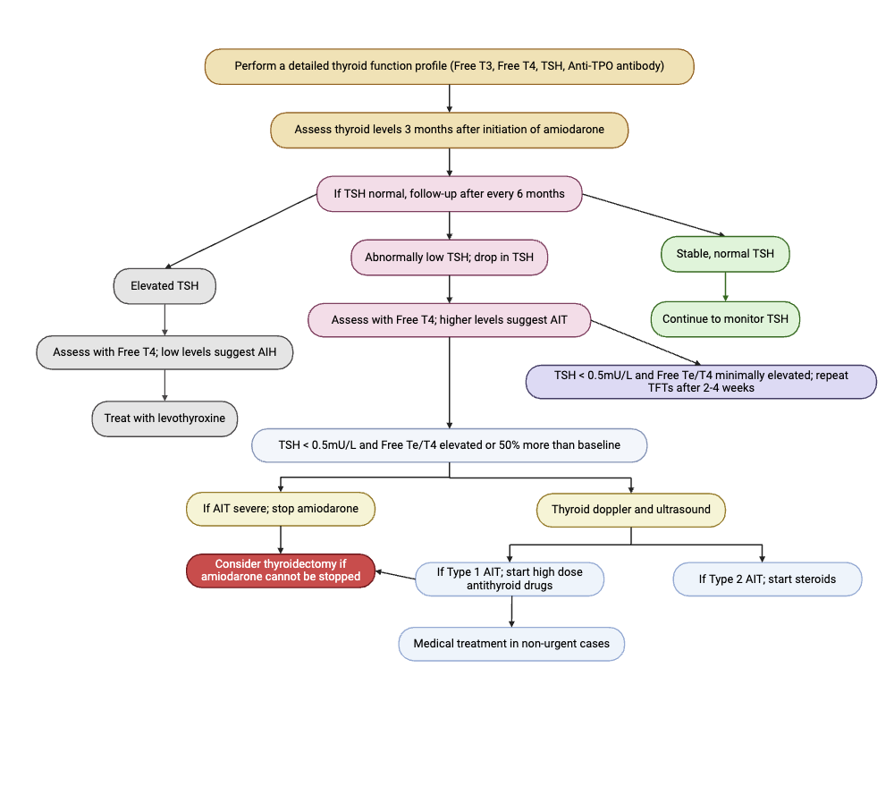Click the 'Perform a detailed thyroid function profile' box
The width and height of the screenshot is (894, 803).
pos(449,66)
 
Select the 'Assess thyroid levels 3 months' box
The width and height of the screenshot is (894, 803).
pos(449,130)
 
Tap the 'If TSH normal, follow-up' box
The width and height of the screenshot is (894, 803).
pos(449,194)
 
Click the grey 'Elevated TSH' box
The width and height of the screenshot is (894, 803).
pos(164,286)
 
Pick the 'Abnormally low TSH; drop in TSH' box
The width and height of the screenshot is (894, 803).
pos(449,258)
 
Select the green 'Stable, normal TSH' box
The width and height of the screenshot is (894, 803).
pos(725,254)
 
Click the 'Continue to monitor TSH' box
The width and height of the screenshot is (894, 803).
pos(725,319)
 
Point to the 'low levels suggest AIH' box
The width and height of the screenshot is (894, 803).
pos(164,352)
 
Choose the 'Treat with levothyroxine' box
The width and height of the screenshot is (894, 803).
pos(164,418)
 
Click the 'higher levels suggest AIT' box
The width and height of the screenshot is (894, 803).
pos(449,320)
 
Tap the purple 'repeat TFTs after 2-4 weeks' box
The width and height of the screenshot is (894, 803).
pos(701,382)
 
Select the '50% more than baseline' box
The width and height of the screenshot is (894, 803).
pos(449,445)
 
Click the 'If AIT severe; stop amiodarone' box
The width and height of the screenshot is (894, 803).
pos(281,509)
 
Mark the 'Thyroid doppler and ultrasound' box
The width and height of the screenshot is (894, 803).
pos(631,510)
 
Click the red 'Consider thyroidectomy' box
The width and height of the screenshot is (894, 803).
pos(281,571)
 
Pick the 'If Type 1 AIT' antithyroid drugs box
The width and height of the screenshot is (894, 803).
pos(509,579)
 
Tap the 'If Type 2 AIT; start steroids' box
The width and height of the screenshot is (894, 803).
pos(767,579)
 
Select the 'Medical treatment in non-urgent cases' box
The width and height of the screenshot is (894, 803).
pos(510,644)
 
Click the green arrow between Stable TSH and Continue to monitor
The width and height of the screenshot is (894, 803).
pos(725,286)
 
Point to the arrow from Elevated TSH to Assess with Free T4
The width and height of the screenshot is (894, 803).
pos(164,319)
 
